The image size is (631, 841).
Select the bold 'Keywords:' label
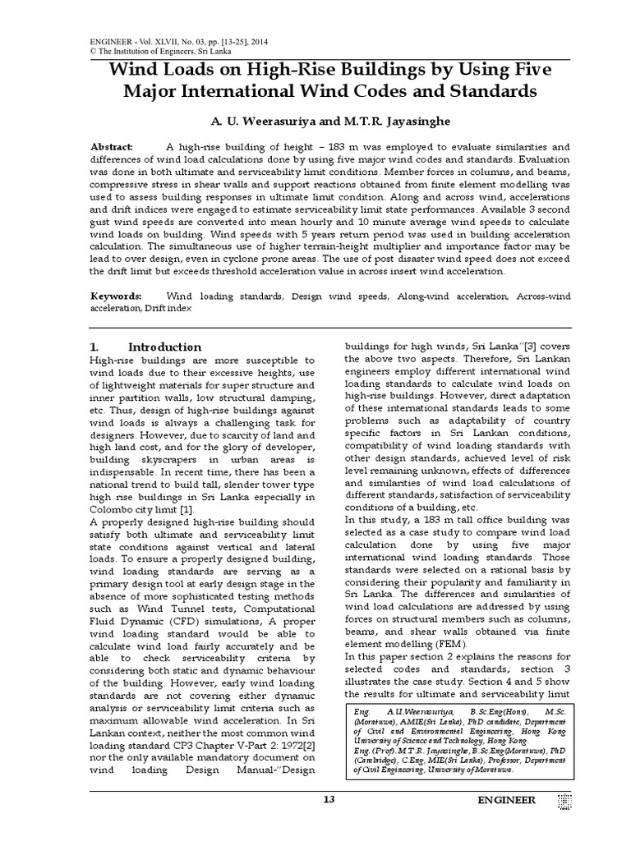[116, 295]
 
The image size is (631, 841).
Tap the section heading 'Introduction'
[164, 347]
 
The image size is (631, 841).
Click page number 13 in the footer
[329, 800]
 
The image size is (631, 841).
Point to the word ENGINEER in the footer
[508, 800]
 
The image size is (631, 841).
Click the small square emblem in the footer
[564, 801]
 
